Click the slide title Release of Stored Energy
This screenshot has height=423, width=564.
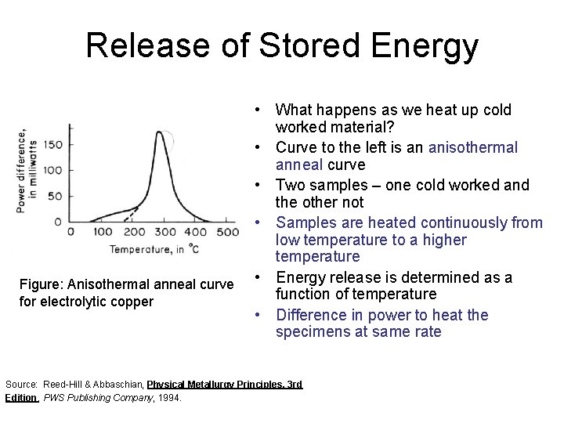[x=282, y=45]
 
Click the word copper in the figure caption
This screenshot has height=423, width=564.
[x=132, y=302]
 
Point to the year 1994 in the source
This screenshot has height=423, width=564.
[x=170, y=398]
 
